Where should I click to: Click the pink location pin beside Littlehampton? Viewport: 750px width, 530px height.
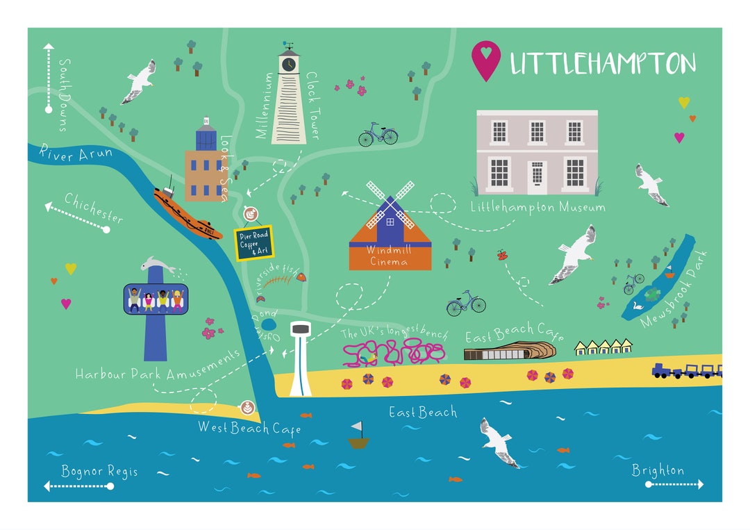pyautogui.click(x=485, y=59)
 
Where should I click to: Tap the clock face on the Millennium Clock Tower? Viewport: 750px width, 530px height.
pyautogui.click(x=287, y=64)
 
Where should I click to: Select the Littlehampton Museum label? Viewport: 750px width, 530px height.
pyautogui.click(x=537, y=206)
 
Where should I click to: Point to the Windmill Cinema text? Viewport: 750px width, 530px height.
pyautogui.click(x=390, y=254)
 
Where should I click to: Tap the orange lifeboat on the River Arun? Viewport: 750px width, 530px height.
pyautogui.click(x=185, y=213)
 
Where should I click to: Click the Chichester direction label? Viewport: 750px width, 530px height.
pyautogui.click(x=94, y=207)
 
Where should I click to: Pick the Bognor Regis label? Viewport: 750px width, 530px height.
pyautogui.click(x=99, y=472)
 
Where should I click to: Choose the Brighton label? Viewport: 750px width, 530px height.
pyautogui.click(x=658, y=470)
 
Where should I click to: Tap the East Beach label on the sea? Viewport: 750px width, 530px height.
pyautogui.click(x=422, y=413)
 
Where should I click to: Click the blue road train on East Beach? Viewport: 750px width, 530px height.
pyautogui.click(x=686, y=371)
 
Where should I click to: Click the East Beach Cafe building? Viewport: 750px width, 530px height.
pyautogui.click(x=510, y=351)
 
